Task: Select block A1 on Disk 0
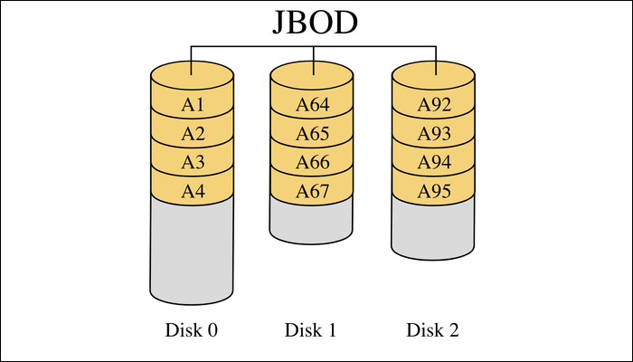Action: (x=193, y=105)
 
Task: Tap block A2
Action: (x=193, y=134)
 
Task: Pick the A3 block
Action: (x=193, y=163)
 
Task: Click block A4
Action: (x=193, y=192)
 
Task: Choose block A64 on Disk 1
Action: (x=313, y=105)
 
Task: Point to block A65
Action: (x=313, y=134)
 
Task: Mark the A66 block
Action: (x=313, y=163)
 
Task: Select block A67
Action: (x=313, y=192)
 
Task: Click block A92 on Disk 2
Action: (x=434, y=105)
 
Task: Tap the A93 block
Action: (x=434, y=134)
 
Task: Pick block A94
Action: (x=434, y=163)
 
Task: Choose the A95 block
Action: (x=434, y=192)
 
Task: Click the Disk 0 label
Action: (x=192, y=330)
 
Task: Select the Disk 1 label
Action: (x=311, y=330)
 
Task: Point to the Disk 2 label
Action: (x=433, y=330)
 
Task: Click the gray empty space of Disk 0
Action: (x=193, y=253)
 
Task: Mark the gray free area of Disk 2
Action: (x=434, y=231)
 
